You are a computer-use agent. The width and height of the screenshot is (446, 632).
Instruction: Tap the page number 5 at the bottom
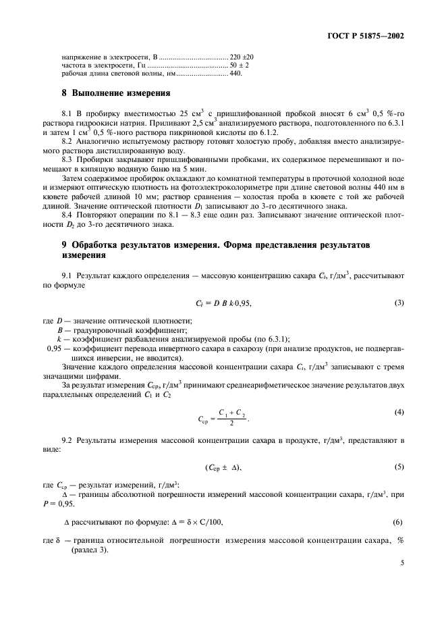tap(401, 560)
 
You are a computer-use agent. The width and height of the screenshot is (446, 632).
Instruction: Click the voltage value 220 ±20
tap(242, 57)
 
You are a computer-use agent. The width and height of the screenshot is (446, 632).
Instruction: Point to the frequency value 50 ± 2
tap(239, 65)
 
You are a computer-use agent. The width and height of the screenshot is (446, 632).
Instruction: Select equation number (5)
tap(399, 467)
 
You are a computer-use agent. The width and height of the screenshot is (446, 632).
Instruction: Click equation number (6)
tap(399, 522)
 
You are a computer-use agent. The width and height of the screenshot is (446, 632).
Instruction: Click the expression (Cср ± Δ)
tap(223, 467)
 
